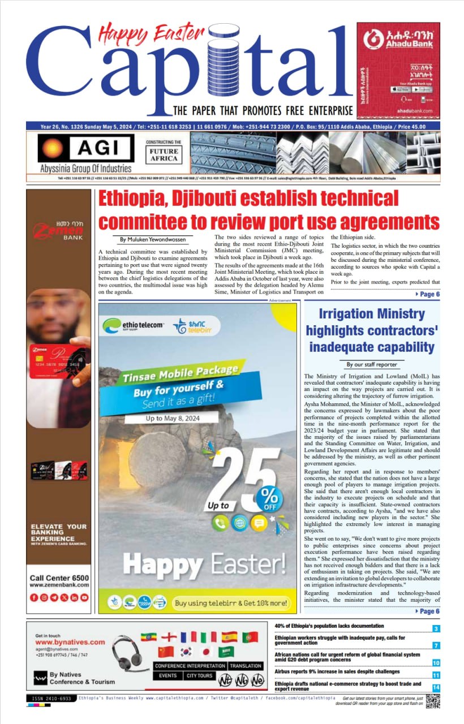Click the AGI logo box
click(x=85, y=148)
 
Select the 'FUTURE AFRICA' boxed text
click(x=163, y=155)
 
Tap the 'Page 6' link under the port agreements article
click(x=428, y=294)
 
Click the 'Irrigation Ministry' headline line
click(x=371, y=314)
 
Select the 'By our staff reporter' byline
click(x=371, y=365)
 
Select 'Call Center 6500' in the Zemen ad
click(x=59, y=578)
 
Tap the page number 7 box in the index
click(x=436, y=645)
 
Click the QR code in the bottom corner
click(x=433, y=700)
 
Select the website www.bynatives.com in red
click(x=70, y=642)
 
